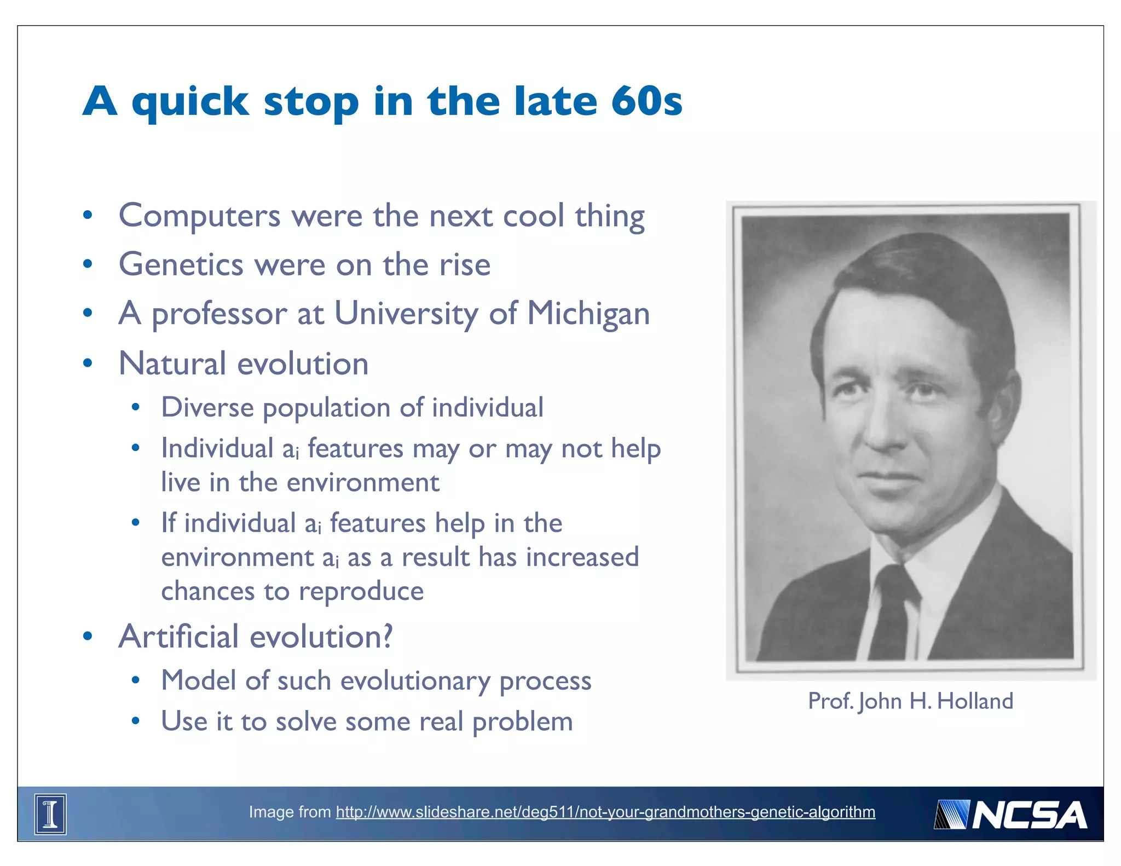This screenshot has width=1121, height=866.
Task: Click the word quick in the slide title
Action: (x=190, y=102)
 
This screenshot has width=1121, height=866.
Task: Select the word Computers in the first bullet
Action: (x=199, y=216)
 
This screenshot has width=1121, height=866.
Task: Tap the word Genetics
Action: (x=181, y=265)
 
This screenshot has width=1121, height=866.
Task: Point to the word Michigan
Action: (x=588, y=314)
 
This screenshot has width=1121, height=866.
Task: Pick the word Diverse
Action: (x=207, y=408)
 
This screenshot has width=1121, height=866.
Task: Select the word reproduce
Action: (x=361, y=591)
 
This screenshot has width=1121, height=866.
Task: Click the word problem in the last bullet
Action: (x=522, y=722)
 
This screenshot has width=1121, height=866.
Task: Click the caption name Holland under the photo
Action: (x=975, y=701)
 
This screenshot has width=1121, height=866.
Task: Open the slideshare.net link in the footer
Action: (x=605, y=812)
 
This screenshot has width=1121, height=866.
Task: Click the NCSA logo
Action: (x=1010, y=815)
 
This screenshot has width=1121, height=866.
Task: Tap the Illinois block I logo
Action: (x=50, y=814)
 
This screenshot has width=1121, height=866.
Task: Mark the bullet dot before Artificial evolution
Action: (x=88, y=637)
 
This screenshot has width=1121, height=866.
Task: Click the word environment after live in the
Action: (x=362, y=483)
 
